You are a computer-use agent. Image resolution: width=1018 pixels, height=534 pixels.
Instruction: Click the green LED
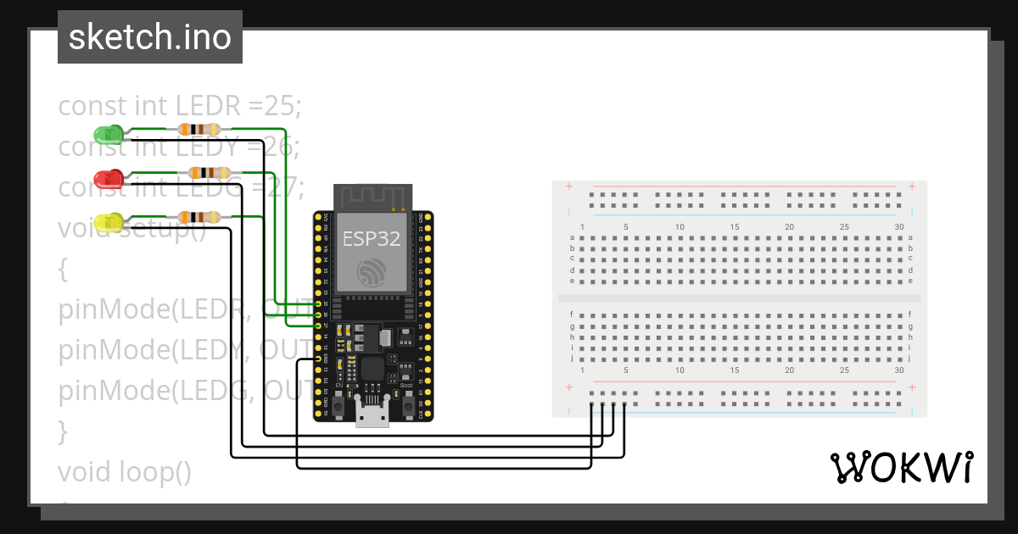pos(107,134)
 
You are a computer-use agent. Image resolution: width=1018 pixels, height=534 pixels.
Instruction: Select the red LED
pos(109,178)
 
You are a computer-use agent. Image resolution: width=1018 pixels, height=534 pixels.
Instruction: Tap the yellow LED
pos(108,223)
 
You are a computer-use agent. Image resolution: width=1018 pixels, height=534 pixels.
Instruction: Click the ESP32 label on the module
pos(371,239)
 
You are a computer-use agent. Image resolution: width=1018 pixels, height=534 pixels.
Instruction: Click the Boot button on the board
pos(407,407)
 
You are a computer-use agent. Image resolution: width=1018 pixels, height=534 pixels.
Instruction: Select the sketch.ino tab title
pos(150,37)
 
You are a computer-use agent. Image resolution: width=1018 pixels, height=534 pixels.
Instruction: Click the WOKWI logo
pos(900,467)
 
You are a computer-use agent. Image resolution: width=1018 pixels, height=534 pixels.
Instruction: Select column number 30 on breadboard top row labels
pos(899,226)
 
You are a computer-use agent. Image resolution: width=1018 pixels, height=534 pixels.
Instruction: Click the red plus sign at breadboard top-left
pos(568,186)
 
